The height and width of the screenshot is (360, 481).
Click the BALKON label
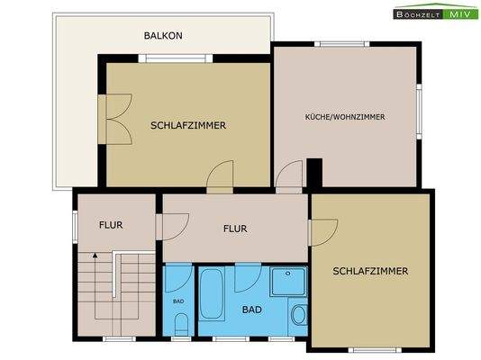click(x=163, y=36)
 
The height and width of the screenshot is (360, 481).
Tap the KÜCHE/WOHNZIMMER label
click(x=345, y=117)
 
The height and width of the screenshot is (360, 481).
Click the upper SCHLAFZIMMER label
click(x=187, y=125)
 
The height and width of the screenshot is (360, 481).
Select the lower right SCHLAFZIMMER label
click(x=370, y=271)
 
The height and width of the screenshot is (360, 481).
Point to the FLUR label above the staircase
click(x=111, y=225)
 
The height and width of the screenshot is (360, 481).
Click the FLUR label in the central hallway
click(x=234, y=229)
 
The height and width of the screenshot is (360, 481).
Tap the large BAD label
click(x=254, y=309)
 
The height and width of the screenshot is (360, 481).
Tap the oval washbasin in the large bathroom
click(x=298, y=315)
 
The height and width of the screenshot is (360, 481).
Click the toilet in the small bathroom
click(x=180, y=323)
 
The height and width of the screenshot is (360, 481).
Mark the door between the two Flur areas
click(x=173, y=225)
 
